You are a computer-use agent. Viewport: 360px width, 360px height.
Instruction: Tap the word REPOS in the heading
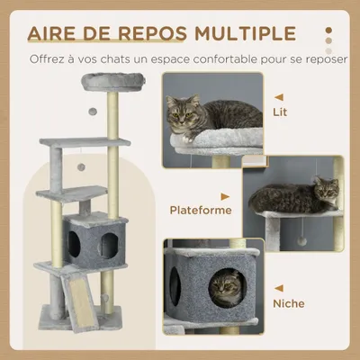click(153, 33)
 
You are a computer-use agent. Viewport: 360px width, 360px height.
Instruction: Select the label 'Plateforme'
click(201, 210)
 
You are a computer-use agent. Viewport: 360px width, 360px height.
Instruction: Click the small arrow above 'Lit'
click(279, 96)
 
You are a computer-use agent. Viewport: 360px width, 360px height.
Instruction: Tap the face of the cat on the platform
click(325, 193)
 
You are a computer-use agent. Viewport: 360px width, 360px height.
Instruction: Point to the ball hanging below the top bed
click(92, 112)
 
